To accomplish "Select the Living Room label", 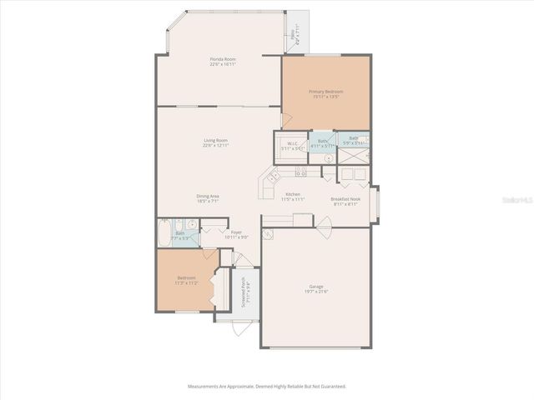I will pos(216,142).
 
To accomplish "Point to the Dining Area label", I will pos(208,198).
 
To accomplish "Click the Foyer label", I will pos(236,235).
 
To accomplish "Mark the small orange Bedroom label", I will pos(186,280).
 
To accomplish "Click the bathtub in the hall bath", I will pos(164,232).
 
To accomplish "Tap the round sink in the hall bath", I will pos(191,223).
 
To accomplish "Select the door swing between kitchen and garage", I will pos(325,222).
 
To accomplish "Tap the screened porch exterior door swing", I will pos(240,327).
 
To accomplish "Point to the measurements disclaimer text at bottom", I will pos(267,387).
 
